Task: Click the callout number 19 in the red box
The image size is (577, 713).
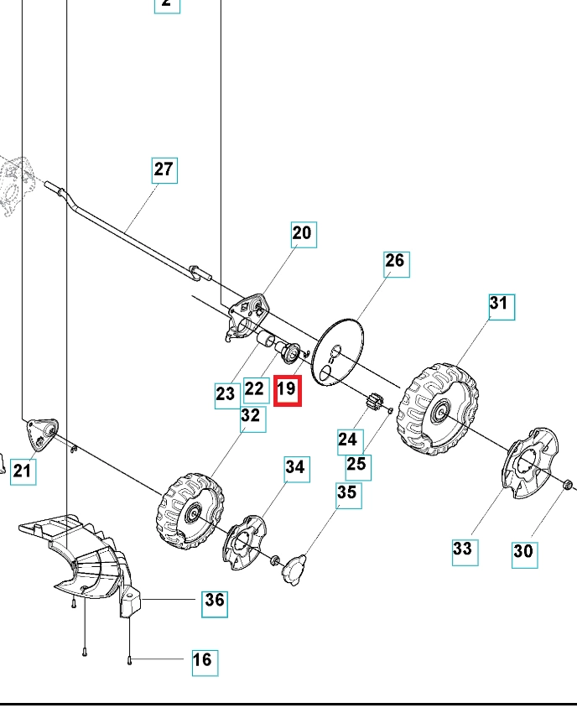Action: coord(287,389)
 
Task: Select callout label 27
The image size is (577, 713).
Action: coord(164,169)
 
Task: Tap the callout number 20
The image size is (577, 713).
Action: coord(302,233)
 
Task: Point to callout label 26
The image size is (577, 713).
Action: coord(394,262)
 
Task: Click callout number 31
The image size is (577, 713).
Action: coord(499,304)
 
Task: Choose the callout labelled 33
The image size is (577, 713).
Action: coord(463,550)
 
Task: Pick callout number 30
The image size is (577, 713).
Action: coord(523,551)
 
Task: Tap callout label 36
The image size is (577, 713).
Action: coord(215,601)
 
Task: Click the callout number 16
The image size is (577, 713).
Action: coord(202,660)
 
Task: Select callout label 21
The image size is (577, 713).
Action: coord(22,471)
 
